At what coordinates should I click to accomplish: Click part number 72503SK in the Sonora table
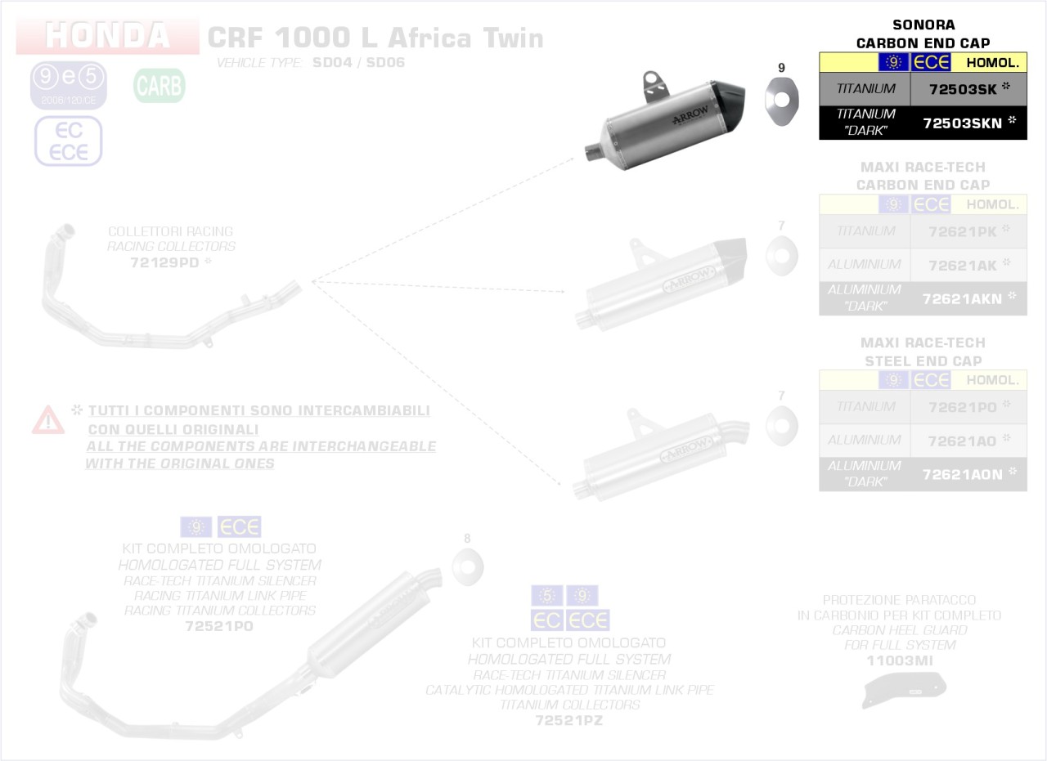[964, 88]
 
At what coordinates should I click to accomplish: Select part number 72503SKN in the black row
[964, 123]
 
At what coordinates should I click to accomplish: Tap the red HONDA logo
[107, 36]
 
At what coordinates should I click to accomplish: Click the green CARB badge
[160, 86]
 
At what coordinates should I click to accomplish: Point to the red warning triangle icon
[48, 420]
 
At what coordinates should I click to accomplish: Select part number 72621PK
[963, 231]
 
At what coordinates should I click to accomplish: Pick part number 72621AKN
[962, 299]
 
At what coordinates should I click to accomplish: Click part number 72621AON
[962, 474]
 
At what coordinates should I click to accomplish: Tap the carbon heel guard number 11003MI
[899, 660]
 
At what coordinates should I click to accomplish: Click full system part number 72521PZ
[568, 720]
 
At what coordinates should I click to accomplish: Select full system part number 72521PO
[219, 626]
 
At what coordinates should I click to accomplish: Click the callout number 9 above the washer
[781, 67]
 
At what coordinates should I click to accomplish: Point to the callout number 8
[467, 539]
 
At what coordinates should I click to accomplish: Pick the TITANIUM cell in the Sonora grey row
[865, 88]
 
